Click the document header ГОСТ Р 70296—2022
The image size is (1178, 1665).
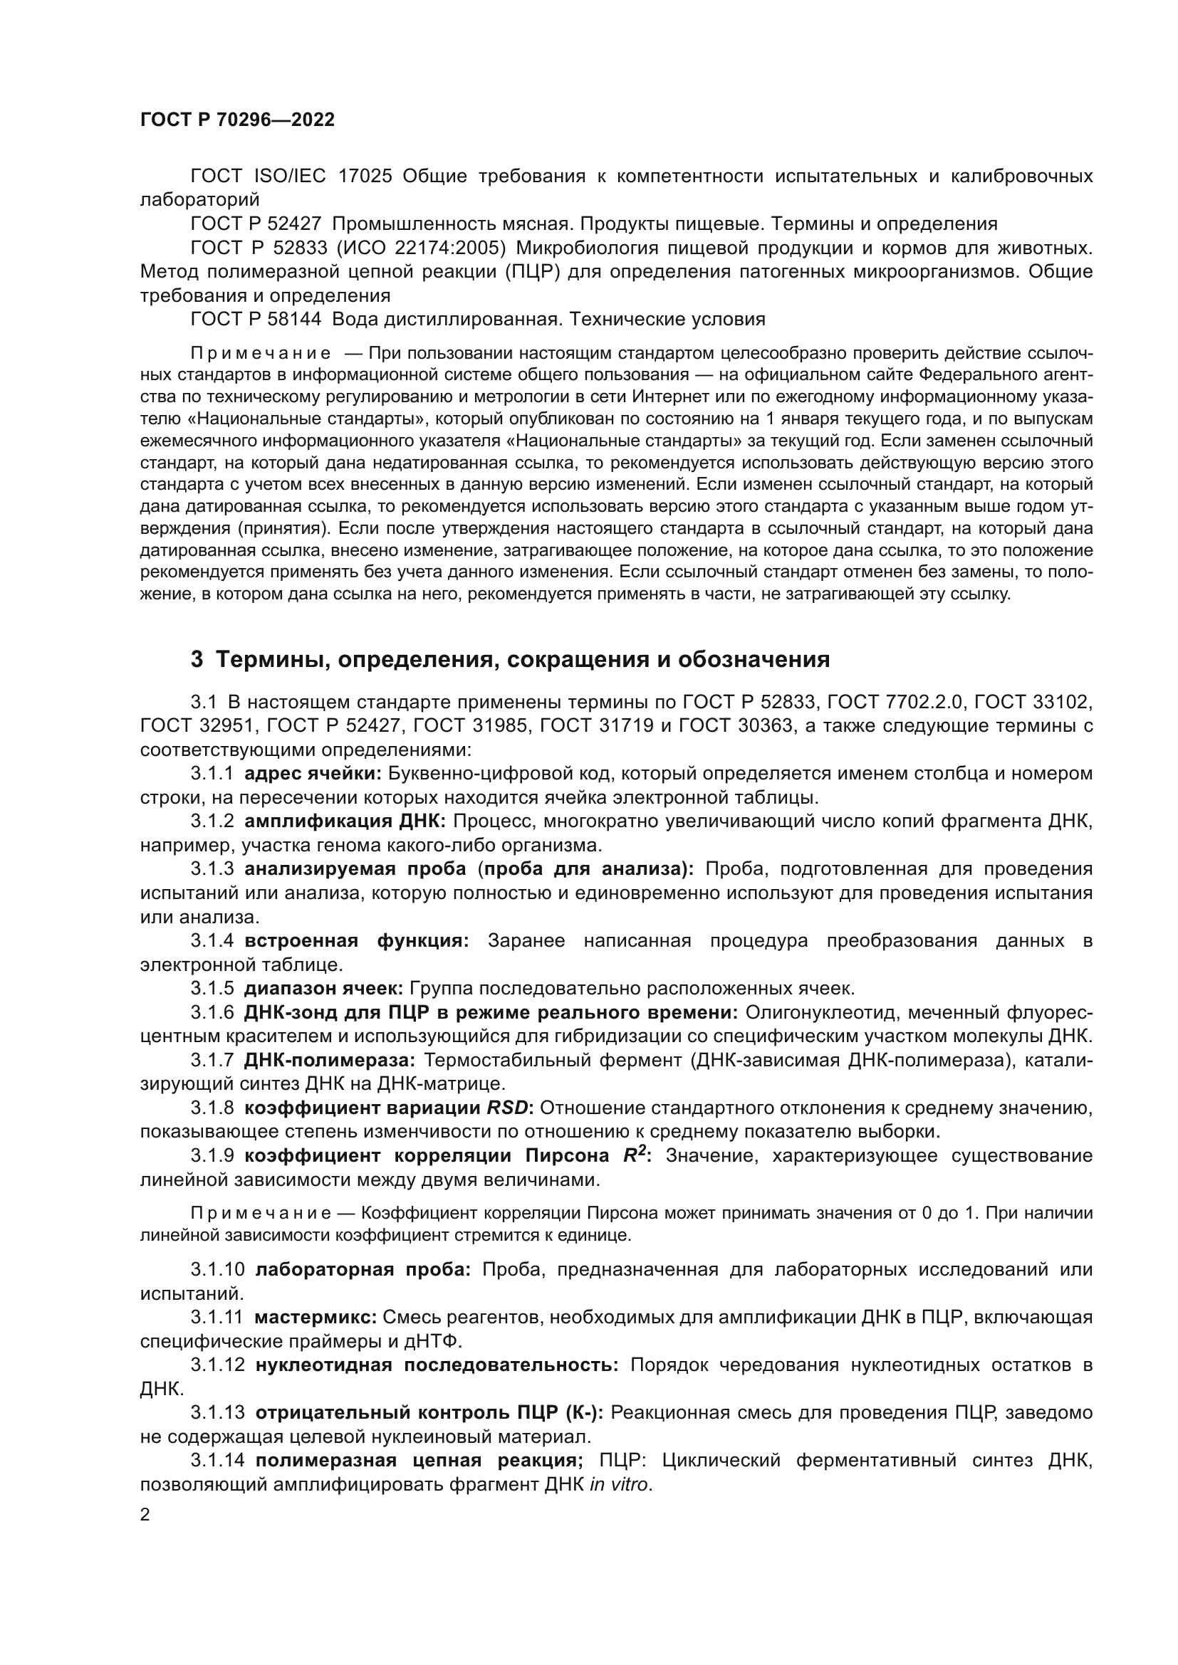(x=237, y=120)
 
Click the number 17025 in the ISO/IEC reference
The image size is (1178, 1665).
(x=365, y=177)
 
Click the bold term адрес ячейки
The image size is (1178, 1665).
(x=313, y=774)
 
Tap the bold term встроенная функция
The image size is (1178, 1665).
(x=356, y=941)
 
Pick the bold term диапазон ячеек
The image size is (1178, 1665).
(x=323, y=989)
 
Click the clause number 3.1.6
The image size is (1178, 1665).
(x=212, y=1012)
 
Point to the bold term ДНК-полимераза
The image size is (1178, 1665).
(x=329, y=1060)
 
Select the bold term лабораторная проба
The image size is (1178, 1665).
(x=363, y=1270)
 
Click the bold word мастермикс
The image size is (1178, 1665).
(x=316, y=1317)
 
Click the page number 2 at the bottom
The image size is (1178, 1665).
(x=145, y=1515)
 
